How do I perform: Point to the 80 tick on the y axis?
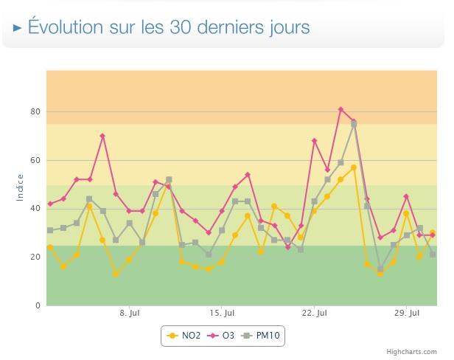pos(32,112)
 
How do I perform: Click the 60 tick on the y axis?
pos(32,160)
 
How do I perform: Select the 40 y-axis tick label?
pos(32,209)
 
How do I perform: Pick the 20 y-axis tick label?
pos(32,257)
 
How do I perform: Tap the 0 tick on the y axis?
pos(35,305)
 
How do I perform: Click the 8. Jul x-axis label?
pos(130,314)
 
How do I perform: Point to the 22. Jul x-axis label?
pos(315,314)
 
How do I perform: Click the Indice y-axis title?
pos(20,187)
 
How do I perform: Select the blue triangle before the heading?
pos(18,28)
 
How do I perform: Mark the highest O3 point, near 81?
pos(340,109)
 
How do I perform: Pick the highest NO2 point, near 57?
pos(354,167)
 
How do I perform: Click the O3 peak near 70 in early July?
pos(102,136)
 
